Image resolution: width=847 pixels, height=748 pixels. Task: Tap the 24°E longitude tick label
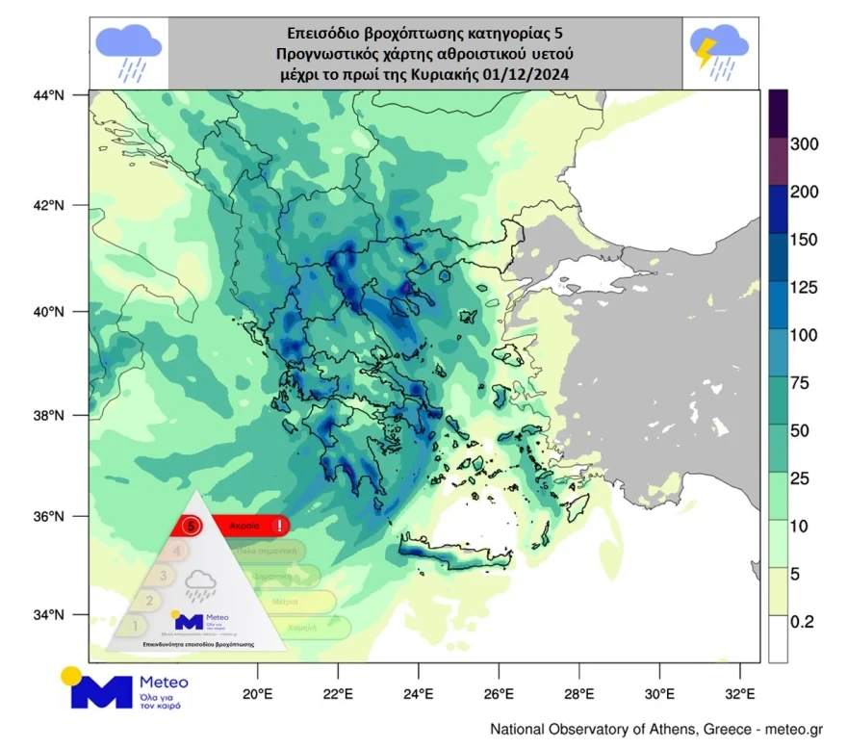(x=417, y=693)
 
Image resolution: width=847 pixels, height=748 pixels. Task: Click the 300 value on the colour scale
(x=804, y=144)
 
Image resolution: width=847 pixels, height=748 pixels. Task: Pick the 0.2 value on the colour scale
(x=801, y=622)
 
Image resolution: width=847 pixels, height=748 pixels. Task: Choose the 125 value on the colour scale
(x=804, y=288)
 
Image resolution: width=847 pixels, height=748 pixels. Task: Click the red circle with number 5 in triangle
(x=192, y=526)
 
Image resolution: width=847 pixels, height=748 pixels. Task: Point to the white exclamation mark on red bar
(x=279, y=526)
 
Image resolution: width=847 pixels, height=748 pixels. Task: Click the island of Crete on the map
(x=452, y=554)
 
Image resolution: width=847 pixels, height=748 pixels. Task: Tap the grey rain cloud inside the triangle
(x=201, y=582)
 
